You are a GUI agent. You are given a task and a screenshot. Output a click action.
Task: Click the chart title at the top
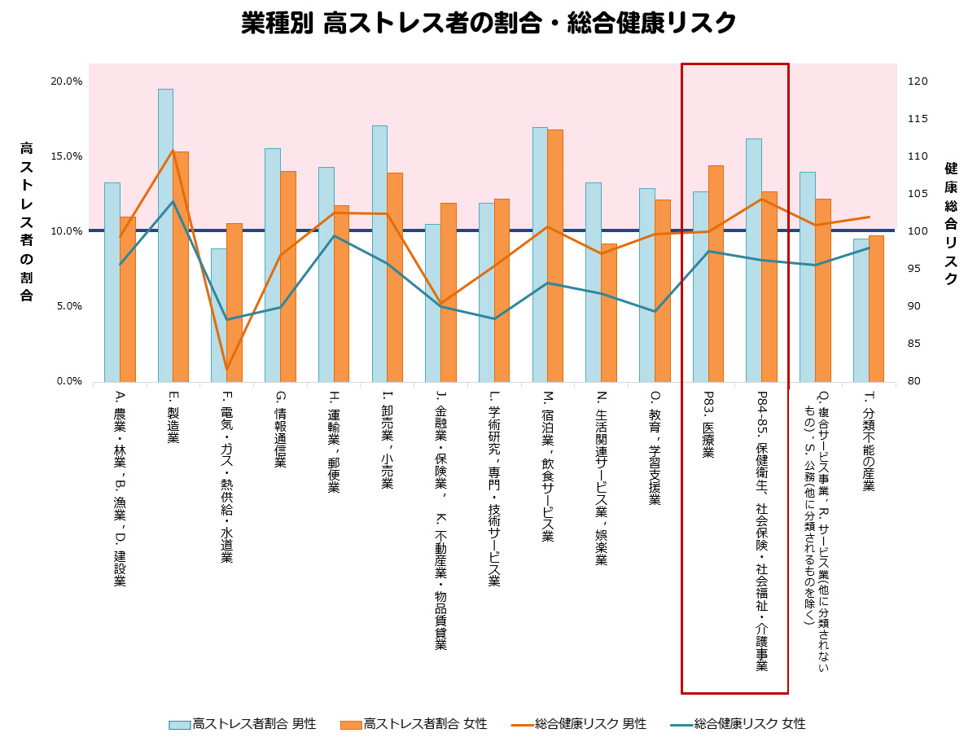pos(488,24)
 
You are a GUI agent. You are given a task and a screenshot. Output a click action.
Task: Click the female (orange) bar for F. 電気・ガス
pos(234,302)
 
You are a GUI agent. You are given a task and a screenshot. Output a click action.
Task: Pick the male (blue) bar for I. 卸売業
pos(379,253)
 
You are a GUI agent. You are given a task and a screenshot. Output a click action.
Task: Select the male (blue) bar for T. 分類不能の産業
pos(861,309)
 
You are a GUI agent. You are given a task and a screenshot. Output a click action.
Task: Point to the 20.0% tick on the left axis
pos(67,81)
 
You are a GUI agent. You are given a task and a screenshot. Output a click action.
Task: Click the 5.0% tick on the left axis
pos(67,306)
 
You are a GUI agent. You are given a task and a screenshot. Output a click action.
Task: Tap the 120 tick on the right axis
pos(918,81)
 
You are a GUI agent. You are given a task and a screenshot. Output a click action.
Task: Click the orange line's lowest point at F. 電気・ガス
pos(227,370)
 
